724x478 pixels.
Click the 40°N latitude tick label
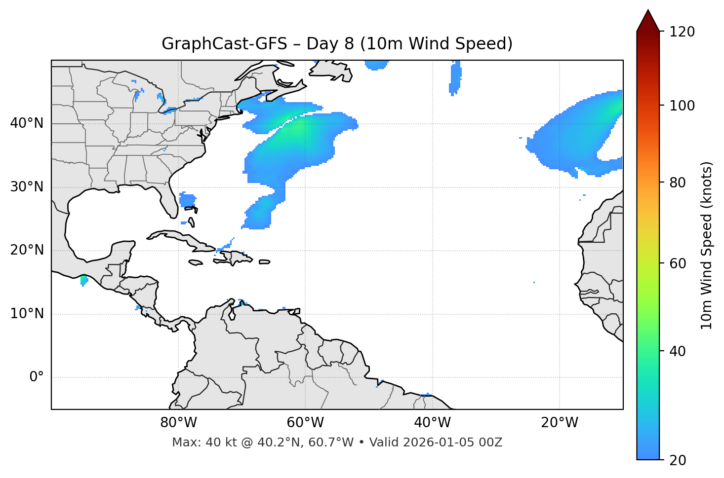[x=27, y=123]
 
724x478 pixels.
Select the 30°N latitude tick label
[x=27, y=187]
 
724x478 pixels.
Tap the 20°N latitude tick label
[x=27, y=250]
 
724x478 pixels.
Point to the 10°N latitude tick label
[x=27, y=314]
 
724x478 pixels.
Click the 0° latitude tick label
[x=37, y=377]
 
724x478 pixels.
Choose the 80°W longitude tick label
[x=178, y=423]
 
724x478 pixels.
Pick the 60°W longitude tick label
[x=305, y=423]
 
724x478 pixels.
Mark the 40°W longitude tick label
[x=432, y=423]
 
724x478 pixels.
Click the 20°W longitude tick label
[x=560, y=423]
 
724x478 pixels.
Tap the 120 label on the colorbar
[x=682, y=32]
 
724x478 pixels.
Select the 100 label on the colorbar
[x=682, y=106]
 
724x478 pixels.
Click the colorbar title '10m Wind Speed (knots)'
[x=707, y=246]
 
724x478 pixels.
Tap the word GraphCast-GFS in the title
[x=224, y=44]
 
